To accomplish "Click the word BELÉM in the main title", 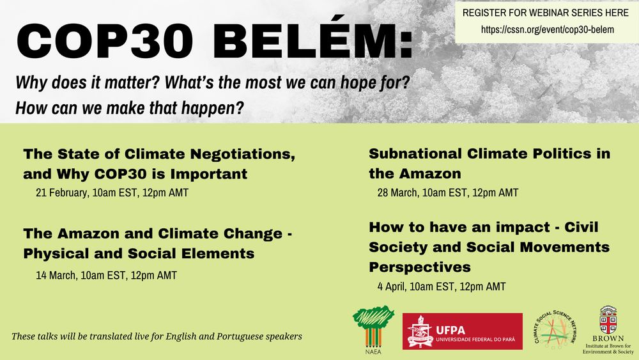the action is [x=312, y=41].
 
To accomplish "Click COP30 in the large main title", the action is [x=105, y=42].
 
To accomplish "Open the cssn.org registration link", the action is [x=548, y=29].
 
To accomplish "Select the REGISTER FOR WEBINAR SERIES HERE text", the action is [x=546, y=13].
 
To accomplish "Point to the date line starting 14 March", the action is [x=106, y=275].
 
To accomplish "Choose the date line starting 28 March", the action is [x=448, y=192].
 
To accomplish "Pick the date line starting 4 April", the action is [x=442, y=286].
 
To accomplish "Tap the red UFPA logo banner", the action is [x=463, y=331].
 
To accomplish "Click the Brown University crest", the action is [x=608, y=320].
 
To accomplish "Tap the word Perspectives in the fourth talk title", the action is [x=420, y=267].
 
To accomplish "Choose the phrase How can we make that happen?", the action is [x=130, y=108].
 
